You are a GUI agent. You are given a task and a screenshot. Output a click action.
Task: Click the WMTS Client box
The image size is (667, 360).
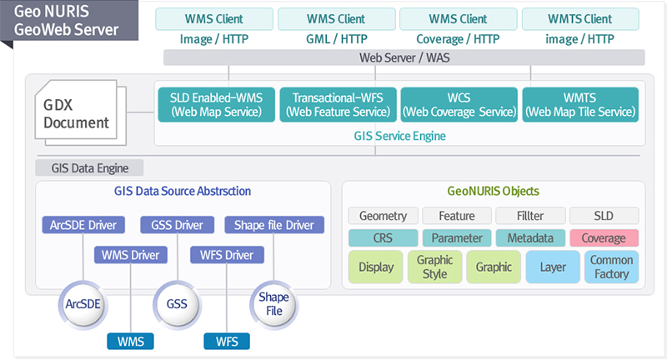(x=580, y=19)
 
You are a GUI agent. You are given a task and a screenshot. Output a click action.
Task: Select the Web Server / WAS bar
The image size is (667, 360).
(x=404, y=57)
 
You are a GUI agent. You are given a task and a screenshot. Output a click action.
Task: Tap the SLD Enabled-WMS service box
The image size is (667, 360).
(x=217, y=104)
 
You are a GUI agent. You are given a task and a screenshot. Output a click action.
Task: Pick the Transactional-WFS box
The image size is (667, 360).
(x=339, y=104)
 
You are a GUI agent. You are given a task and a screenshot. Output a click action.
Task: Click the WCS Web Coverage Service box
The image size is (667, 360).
(x=459, y=104)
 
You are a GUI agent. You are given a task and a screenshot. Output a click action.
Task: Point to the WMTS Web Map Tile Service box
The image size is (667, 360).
(x=580, y=104)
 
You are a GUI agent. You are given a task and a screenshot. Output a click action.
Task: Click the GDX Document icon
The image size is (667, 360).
(x=80, y=112)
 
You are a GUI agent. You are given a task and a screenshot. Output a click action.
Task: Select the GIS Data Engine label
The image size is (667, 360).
(x=89, y=167)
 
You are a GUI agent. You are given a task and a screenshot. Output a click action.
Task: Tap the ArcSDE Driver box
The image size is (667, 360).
(x=83, y=225)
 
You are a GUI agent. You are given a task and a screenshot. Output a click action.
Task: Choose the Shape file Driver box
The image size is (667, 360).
(x=274, y=225)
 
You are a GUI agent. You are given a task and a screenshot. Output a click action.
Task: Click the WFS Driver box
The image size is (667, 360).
(x=227, y=255)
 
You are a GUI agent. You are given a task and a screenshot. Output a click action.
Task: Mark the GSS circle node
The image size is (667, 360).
(x=177, y=304)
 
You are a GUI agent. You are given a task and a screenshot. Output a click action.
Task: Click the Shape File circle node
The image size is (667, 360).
(x=274, y=304)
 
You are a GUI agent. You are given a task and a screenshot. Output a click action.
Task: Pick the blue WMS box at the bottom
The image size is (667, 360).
(x=131, y=342)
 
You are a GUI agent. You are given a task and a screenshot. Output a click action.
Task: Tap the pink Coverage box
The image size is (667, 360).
(x=604, y=238)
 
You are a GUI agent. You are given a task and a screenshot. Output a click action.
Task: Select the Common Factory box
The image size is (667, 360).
(x=611, y=267)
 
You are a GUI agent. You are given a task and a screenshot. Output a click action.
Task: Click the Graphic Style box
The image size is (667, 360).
(x=434, y=267)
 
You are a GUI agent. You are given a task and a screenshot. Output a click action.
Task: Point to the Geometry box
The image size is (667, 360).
(x=384, y=216)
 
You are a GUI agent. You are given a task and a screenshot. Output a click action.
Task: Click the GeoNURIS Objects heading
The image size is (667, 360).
(x=494, y=192)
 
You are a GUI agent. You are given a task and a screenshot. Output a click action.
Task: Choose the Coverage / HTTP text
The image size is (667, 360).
(x=458, y=39)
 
